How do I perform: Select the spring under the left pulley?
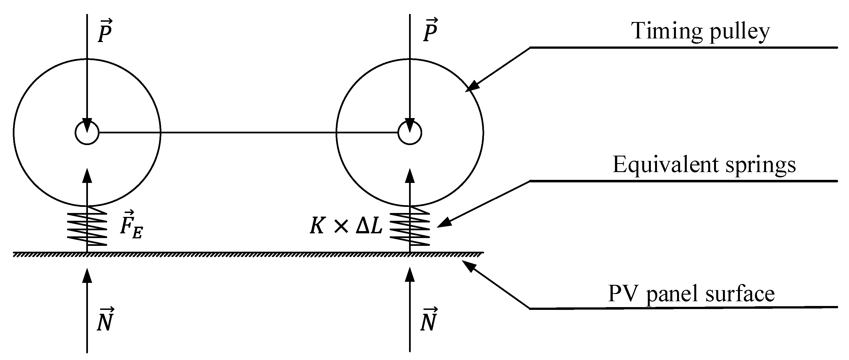point(87,226)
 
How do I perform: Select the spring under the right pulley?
point(410,226)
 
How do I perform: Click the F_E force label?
point(131,225)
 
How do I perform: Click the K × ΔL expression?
point(346,227)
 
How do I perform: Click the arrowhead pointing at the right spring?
point(445,222)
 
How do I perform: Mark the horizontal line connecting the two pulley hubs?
point(247,133)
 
